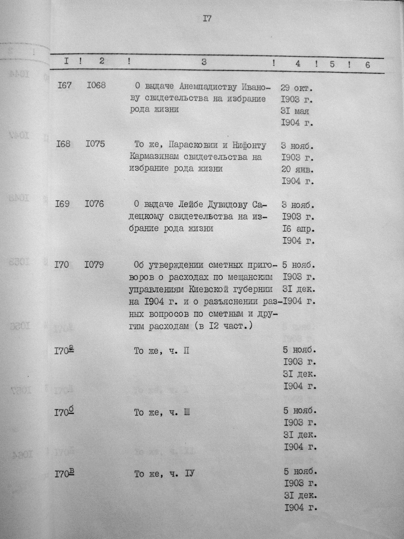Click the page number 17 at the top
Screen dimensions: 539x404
coord(207,19)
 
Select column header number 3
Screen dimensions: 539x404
coord(204,62)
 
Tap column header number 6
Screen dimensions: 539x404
coord(368,65)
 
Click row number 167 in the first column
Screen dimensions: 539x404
coord(64,85)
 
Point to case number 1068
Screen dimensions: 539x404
coord(96,85)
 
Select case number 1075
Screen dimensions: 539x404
coord(95,144)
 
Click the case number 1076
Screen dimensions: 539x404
coord(94,204)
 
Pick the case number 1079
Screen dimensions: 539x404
coord(94,265)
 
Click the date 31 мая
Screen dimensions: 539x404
coord(295,111)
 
